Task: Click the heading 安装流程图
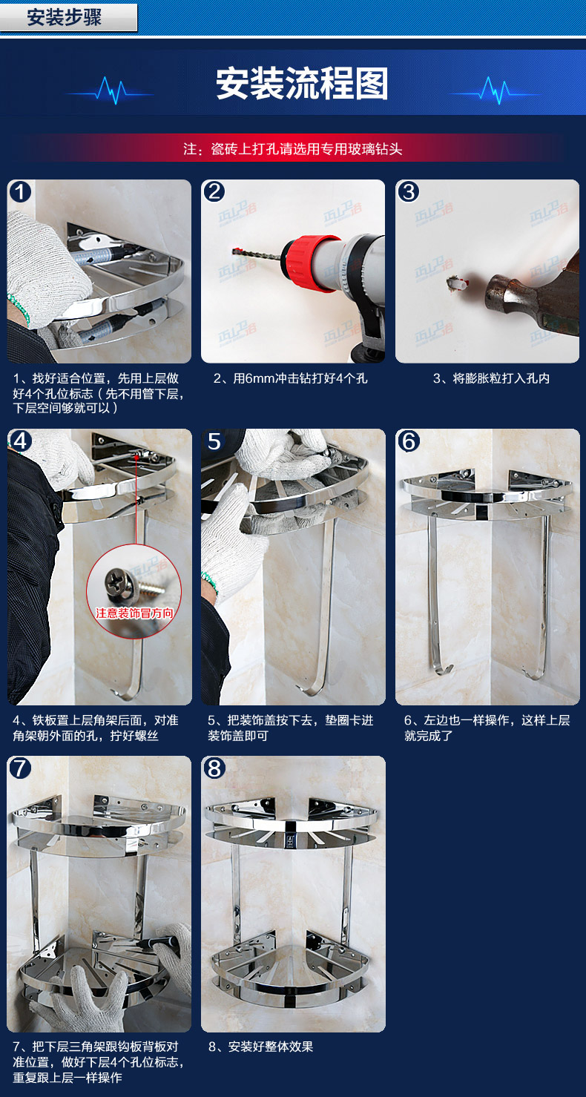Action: click(x=302, y=84)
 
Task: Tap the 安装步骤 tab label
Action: click(x=65, y=17)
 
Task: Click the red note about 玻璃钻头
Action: click(x=293, y=148)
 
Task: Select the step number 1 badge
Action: click(x=20, y=191)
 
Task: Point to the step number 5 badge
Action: click(x=214, y=441)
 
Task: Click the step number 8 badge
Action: click(x=214, y=768)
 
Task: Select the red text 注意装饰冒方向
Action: click(x=134, y=613)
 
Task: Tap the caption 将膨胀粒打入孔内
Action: click(x=491, y=378)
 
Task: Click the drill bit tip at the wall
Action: click(x=234, y=251)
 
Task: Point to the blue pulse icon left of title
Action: click(x=111, y=90)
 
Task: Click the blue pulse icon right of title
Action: click(x=495, y=90)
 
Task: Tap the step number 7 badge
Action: click(x=20, y=768)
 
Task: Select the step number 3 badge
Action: click(x=409, y=191)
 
